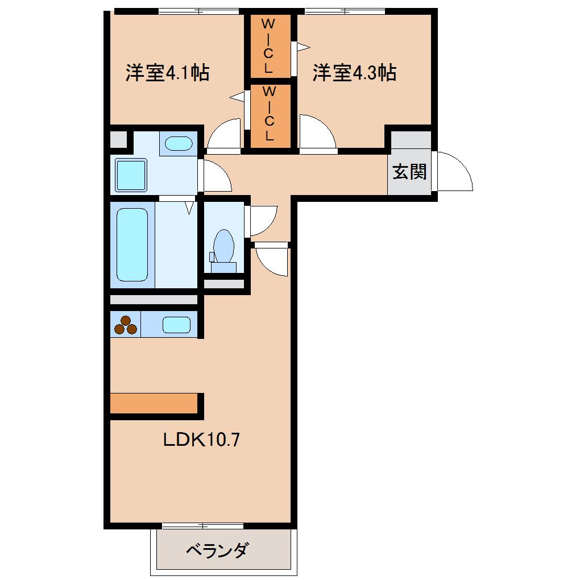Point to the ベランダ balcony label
point(217,550)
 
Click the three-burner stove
point(125,325)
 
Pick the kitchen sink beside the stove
point(176,325)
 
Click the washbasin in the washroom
point(179,143)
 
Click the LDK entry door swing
point(272,259)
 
